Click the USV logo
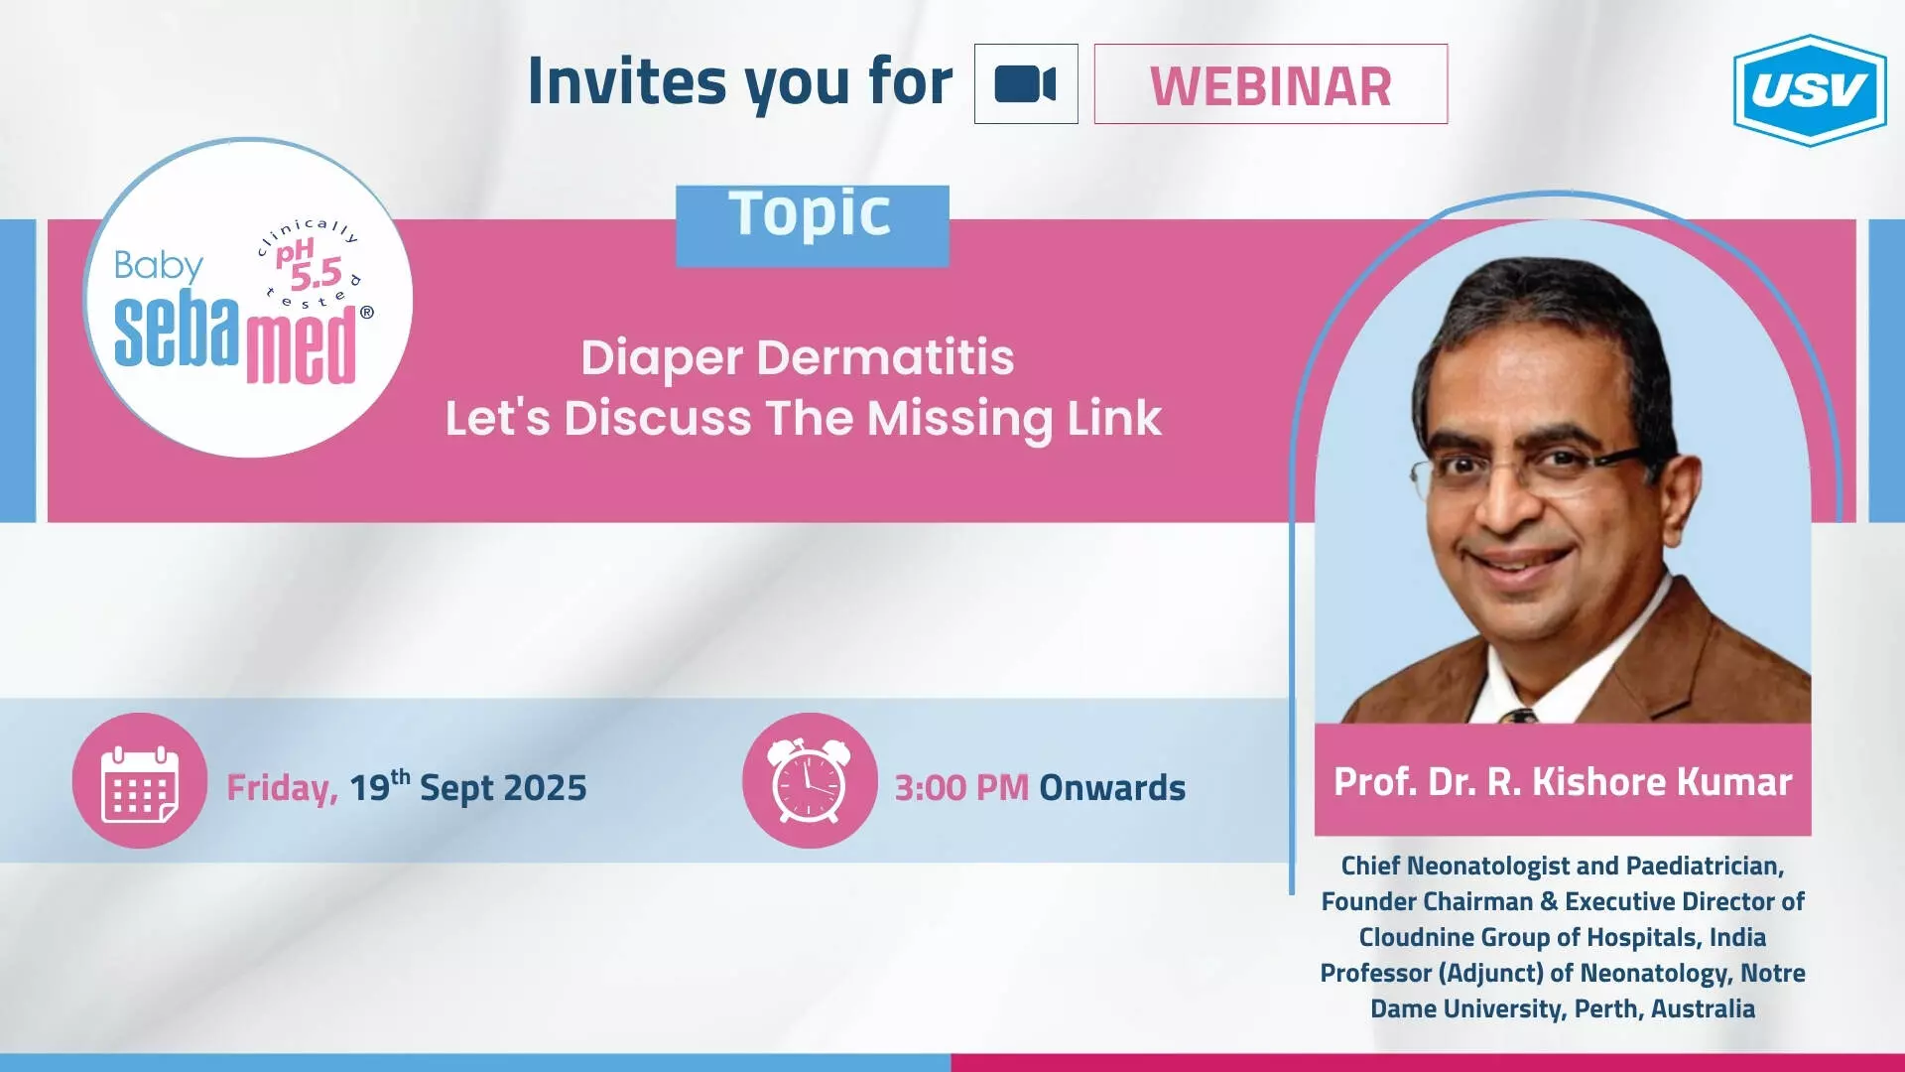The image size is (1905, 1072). [1810, 90]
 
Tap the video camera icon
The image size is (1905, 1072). [1026, 83]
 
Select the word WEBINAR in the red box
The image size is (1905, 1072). [1271, 86]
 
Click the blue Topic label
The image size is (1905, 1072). [812, 225]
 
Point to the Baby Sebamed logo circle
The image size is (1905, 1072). [248, 298]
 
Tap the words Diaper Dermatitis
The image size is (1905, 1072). [798, 358]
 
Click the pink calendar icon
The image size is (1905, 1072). [140, 780]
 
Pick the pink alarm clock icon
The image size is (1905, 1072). [810, 780]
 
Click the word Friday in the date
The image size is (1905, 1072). [283, 788]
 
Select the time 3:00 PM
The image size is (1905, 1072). [961, 788]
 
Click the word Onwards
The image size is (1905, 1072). [1112, 788]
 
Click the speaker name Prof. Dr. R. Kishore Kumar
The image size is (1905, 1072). [1563, 782]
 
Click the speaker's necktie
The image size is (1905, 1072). [1518, 715]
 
